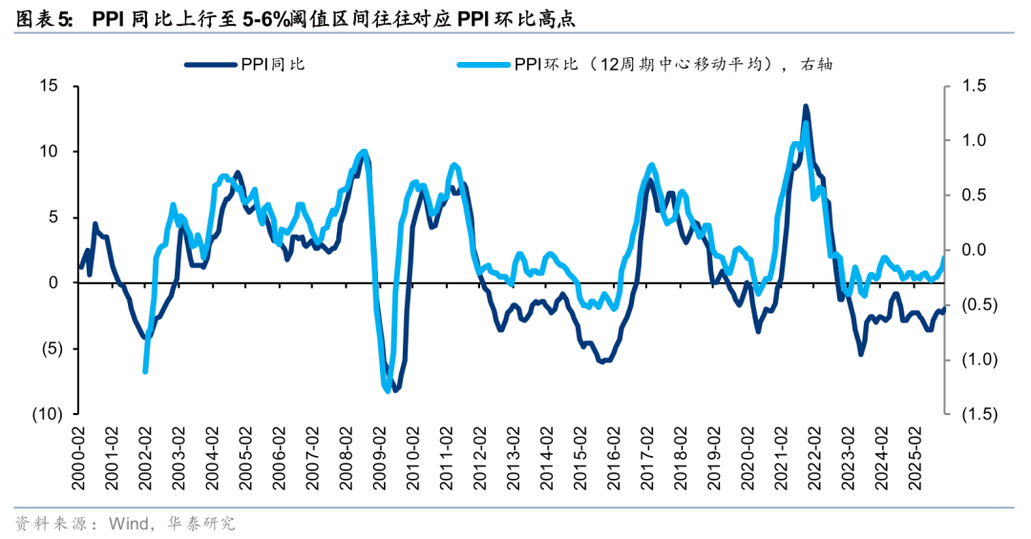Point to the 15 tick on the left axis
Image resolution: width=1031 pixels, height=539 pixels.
(51, 86)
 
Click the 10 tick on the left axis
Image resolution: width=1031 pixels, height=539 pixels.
(51, 152)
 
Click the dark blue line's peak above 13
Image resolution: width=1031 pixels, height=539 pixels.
(806, 106)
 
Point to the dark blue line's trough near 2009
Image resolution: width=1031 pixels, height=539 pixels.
(395, 389)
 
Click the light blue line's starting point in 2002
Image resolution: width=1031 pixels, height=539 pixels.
(145, 371)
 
